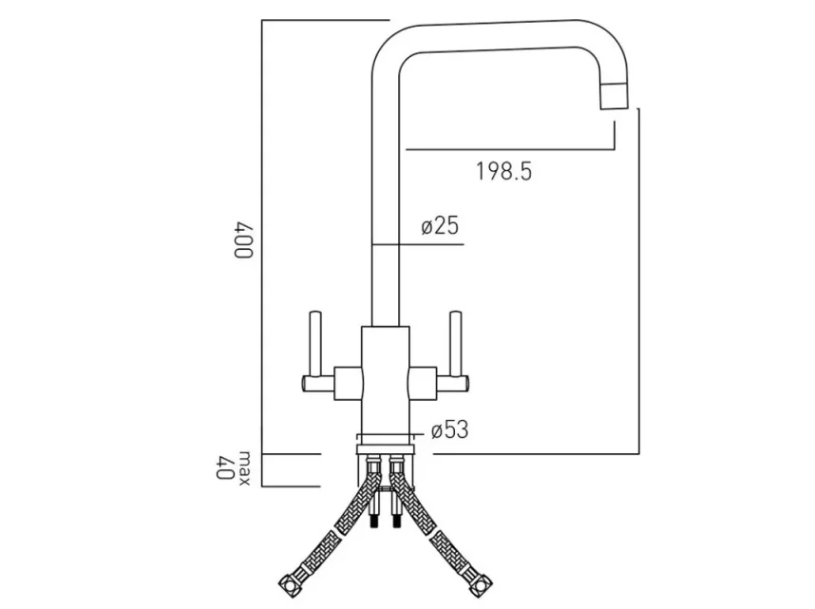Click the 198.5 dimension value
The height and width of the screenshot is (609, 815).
click(502, 172)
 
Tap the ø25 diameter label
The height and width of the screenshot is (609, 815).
click(439, 226)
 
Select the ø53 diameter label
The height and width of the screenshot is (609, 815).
click(449, 430)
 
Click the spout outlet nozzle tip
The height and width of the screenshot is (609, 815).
click(613, 96)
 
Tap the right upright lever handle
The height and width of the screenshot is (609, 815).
click(457, 347)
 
